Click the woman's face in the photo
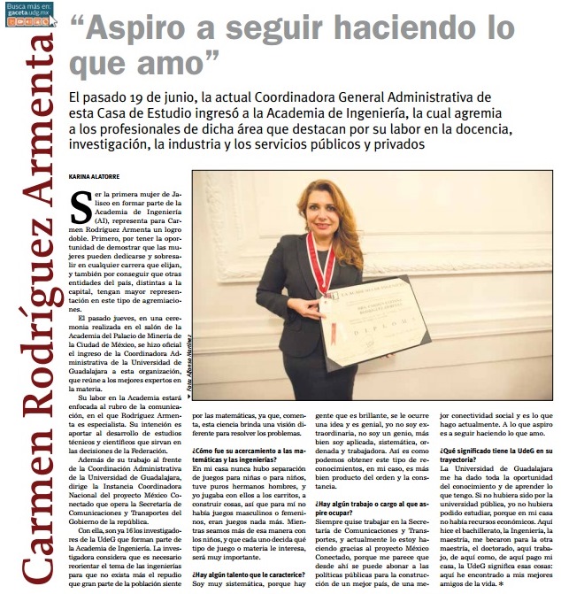326,211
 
